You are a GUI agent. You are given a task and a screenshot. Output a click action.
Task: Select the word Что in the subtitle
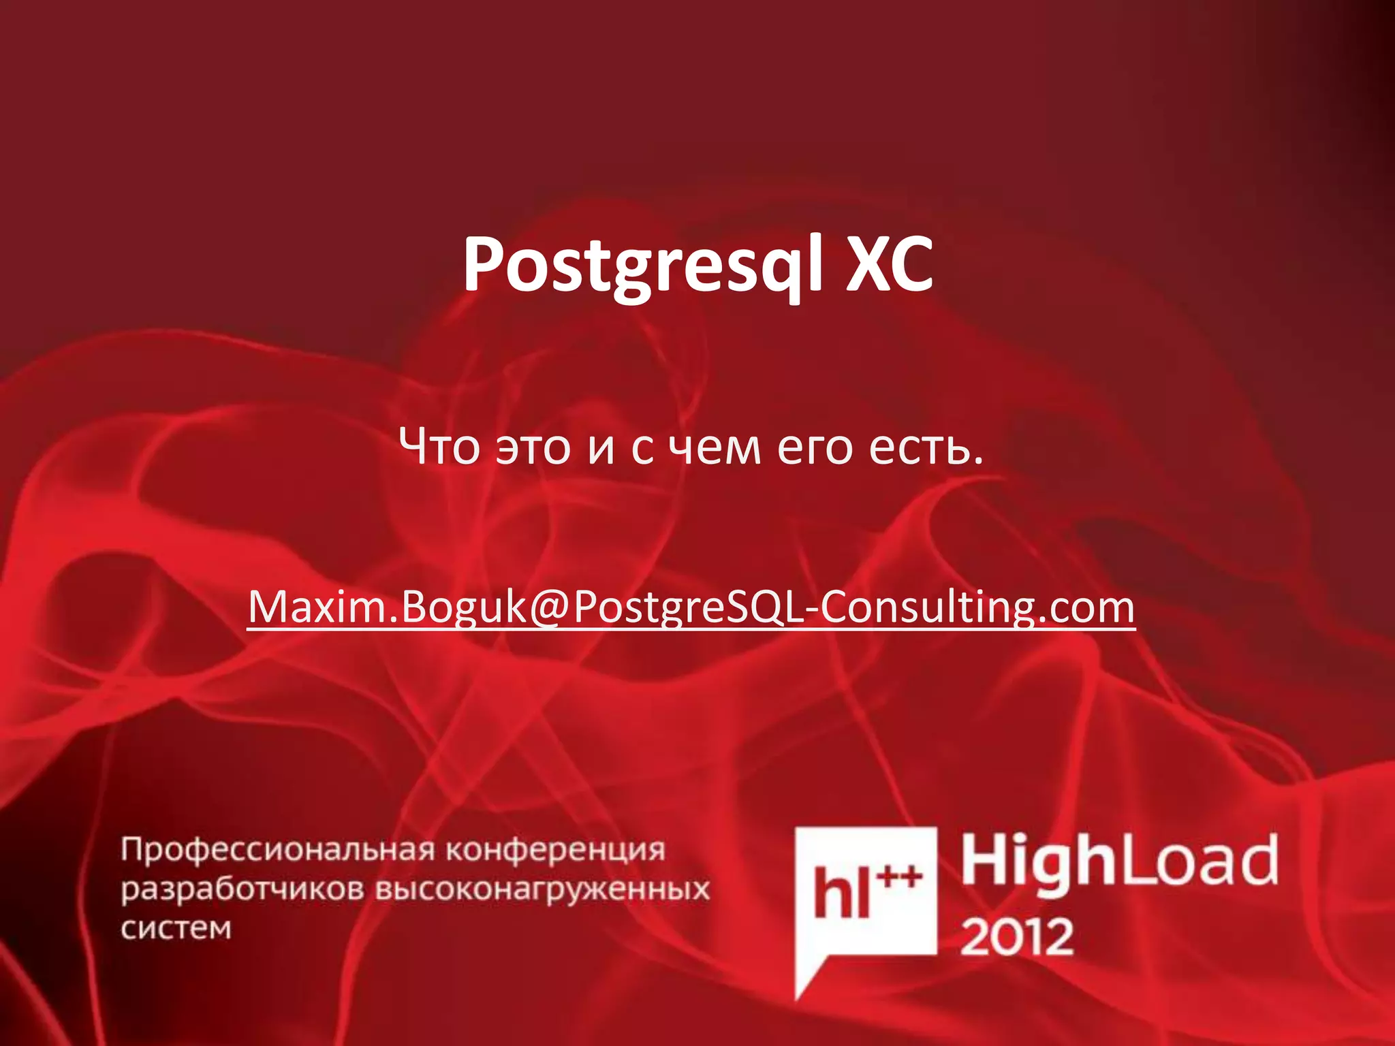click(440, 447)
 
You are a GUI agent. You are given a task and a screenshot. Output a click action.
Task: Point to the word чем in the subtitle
click(714, 448)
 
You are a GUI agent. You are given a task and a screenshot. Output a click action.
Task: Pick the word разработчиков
click(242, 890)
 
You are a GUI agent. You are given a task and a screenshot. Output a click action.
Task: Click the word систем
click(176, 928)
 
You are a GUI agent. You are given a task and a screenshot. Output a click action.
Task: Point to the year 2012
click(1016, 937)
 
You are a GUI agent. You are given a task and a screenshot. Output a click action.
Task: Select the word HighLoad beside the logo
click(1119, 862)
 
